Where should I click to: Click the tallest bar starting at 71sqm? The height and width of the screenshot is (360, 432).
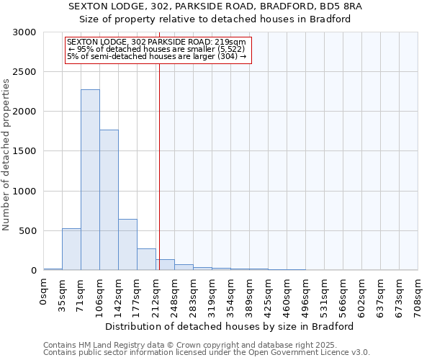click(90, 180)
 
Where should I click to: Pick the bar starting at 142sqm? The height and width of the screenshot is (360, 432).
click(127, 245)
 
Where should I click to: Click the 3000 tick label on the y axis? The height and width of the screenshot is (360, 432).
click(24, 32)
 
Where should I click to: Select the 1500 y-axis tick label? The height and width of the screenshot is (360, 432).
click(24, 151)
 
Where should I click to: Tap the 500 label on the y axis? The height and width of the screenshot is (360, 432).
click(27, 231)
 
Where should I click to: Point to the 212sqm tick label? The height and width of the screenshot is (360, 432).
click(156, 293)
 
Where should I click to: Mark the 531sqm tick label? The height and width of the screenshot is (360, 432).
click(325, 293)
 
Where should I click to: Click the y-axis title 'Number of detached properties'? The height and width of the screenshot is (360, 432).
click(7, 155)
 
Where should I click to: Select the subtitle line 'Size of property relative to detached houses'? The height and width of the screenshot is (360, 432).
click(215, 19)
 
